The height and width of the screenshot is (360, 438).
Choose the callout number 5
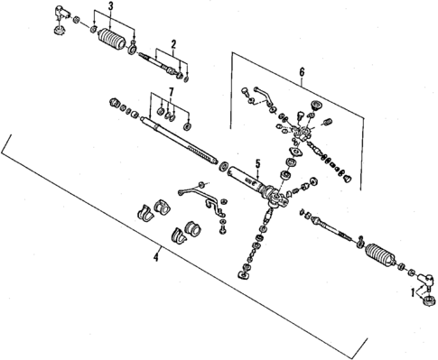click(257, 162)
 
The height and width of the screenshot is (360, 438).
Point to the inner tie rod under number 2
click(163, 64)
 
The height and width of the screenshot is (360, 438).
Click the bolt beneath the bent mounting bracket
click(220, 233)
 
